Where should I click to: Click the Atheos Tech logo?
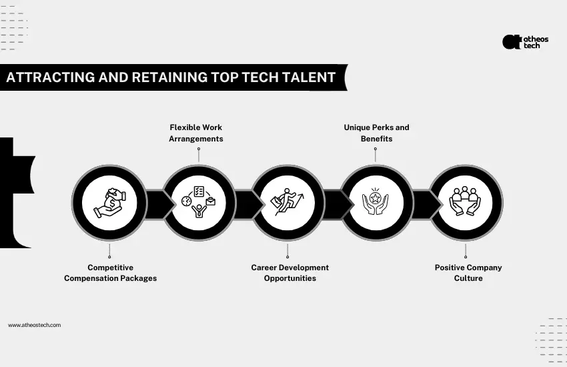[525, 42]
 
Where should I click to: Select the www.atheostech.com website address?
[35, 325]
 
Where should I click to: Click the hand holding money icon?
[109, 202]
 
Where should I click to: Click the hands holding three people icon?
[465, 202]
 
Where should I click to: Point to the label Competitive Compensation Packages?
[110, 273]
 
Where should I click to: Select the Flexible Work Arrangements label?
[196, 133]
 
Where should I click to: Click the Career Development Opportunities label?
[290, 273]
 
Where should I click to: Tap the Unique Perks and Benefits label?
[376, 133]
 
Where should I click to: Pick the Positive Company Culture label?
[468, 273]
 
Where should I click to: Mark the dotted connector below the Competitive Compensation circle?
[109, 250]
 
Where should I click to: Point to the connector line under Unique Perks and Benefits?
[376, 155]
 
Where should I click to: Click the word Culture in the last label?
[468, 278]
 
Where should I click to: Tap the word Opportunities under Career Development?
[290, 278]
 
